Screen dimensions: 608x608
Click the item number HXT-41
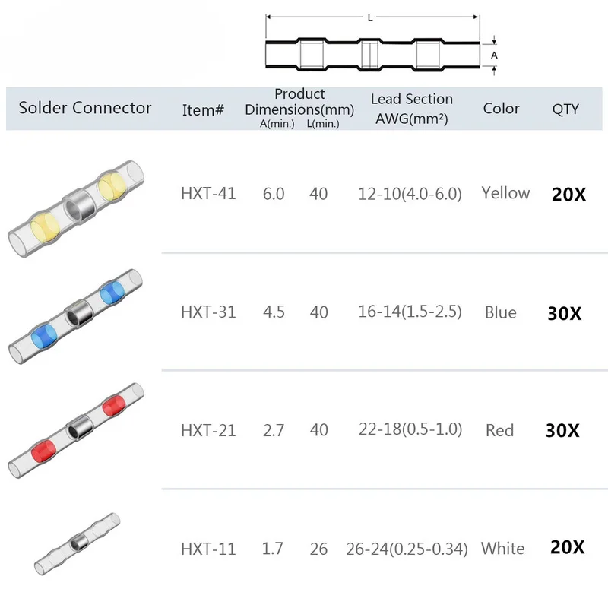[208, 194]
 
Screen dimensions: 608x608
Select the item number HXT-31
[208, 312]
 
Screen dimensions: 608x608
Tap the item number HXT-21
[208, 430]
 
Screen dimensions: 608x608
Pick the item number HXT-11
[208, 548]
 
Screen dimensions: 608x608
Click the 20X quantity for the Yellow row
[568, 195]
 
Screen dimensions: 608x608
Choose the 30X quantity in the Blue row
[564, 313]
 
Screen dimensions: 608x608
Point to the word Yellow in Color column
[505, 193]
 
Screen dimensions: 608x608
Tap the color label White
[502, 548]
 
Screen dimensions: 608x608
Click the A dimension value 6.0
[274, 194]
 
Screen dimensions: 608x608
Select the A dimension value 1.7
[274, 548]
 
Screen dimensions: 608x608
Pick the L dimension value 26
[319, 548]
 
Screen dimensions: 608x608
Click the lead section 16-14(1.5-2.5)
[410, 312]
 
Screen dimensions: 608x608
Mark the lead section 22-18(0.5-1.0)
[410, 429]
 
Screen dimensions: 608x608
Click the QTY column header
[565, 109]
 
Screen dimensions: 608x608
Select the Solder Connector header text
[85, 108]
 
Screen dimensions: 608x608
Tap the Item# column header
[204, 109]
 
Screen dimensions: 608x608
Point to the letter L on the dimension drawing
[370, 17]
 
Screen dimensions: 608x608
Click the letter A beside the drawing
[493, 55]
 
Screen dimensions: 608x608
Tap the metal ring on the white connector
[77, 543]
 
